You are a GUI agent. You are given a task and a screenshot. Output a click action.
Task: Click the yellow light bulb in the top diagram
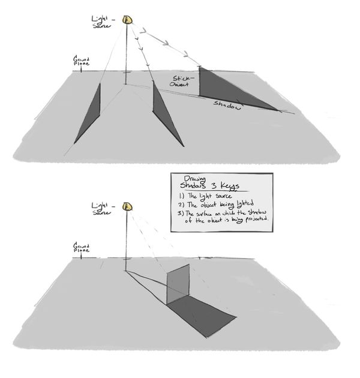[127, 20]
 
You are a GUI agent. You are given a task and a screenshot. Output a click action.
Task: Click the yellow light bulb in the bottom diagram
[127, 206]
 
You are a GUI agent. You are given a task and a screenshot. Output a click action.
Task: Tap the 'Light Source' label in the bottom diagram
[101, 208]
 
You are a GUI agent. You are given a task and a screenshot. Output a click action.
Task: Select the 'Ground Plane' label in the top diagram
[82, 62]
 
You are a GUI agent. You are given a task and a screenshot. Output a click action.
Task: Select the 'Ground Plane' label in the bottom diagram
[82, 247]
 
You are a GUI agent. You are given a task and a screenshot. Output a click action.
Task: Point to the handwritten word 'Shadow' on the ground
[228, 104]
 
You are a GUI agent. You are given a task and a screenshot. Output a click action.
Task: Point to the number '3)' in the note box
[179, 213]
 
